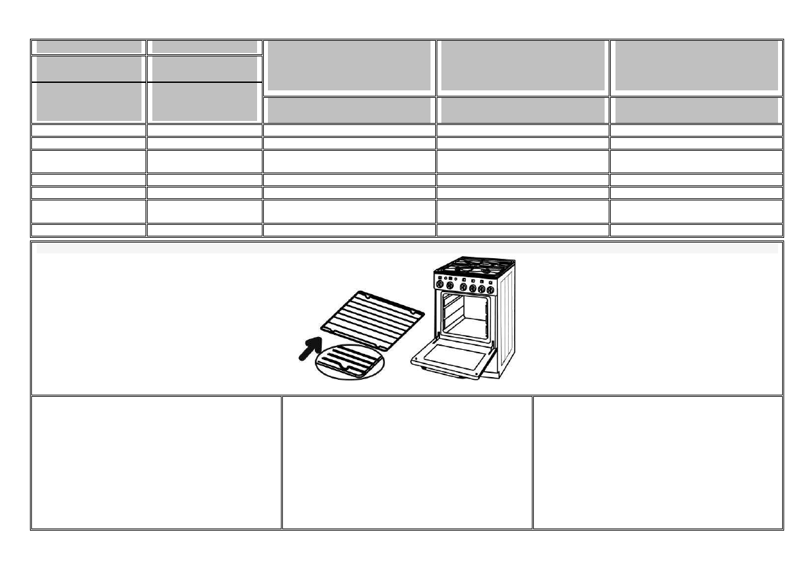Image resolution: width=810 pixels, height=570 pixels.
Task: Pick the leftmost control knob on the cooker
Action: click(442, 287)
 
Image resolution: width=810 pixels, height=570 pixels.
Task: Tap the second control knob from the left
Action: click(452, 287)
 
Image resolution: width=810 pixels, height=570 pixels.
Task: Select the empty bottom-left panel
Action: click(156, 462)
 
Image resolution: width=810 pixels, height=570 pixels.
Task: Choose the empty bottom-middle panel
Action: click(407, 462)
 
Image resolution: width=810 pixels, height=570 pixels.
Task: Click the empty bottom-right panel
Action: click(658, 462)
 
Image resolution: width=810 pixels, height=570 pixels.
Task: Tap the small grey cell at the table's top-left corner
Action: click(88, 47)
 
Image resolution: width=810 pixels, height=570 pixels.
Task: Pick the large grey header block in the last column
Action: click(696, 65)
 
